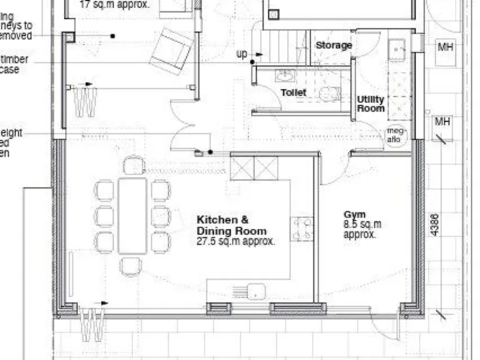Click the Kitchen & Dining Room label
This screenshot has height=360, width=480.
[x=231, y=225]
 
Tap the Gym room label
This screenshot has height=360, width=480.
[x=354, y=215]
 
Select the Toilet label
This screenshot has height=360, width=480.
[x=293, y=92]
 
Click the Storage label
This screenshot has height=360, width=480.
[x=334, y=46]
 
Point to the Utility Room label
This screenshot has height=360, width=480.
[x=371, y=104]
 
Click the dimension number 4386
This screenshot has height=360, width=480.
[x=435, y=225]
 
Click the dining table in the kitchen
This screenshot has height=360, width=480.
[x=132, y=216]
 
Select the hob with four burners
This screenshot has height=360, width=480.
[x=303, y=229]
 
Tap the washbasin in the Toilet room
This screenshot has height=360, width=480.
[x=285, y=76]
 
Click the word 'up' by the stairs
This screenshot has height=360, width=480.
[x=242, y=54]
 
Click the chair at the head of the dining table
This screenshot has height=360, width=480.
[x=134, y=166]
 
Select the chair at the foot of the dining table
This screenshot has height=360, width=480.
[x=131, y=266]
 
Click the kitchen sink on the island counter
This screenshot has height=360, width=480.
[x=256, y=291]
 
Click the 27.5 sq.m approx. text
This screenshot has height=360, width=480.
[x=236, y=241]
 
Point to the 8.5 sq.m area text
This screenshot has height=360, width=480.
[x=362, y=224]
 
